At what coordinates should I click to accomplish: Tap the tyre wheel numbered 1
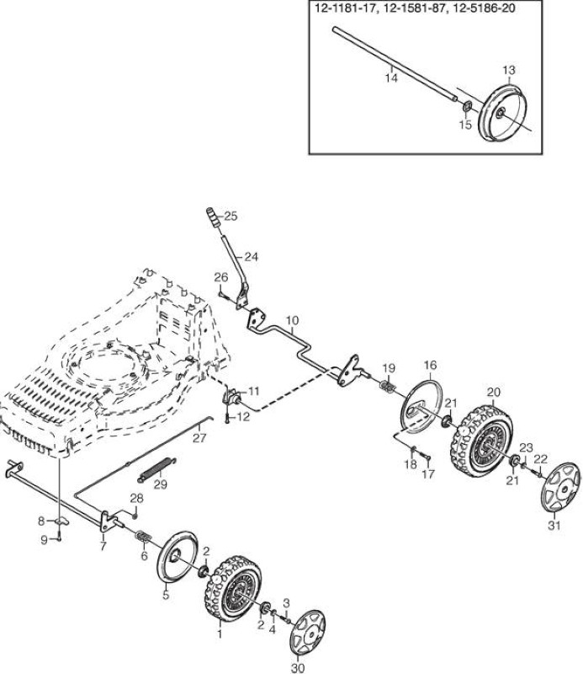click(x=232, y=588)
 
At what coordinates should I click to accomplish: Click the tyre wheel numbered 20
click(x=482, y=441)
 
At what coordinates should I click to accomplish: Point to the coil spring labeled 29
click(x=156, y=469)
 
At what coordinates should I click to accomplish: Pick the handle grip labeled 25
click(x=213, y=218)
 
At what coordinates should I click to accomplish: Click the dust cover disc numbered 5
click(x=178, y=558)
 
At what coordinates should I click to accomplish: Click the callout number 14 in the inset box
click(x=391, y=78)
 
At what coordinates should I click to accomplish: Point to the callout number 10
click(x=292, y=321)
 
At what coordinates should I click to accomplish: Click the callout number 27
click(x=199, y=438)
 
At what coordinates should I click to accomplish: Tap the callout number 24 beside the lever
click(x=252, y=257)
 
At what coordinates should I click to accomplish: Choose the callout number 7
click(x=103, y=546)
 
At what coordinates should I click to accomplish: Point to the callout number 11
click(x=254, y=391)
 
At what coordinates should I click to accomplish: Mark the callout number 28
click(x=136, y=498)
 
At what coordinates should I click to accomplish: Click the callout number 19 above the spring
click(x=389, y=368)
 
